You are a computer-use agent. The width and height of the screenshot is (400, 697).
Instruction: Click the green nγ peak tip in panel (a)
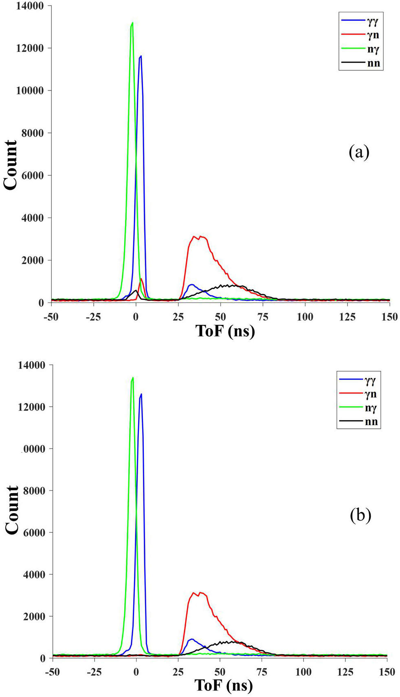[x=132, y=23]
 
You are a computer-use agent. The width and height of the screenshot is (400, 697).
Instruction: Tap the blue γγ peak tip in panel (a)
[x=141, y=56]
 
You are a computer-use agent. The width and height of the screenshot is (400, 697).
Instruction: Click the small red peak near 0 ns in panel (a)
[x=141, y=279]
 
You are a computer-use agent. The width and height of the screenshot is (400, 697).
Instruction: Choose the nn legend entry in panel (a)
[x=361, y=63]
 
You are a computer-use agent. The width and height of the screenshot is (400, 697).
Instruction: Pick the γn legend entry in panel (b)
[x=358, y=394]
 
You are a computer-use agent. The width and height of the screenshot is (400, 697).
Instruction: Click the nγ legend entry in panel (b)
[x=358, y=408]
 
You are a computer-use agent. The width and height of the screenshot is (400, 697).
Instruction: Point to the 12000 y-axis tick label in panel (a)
[x=30, y=48]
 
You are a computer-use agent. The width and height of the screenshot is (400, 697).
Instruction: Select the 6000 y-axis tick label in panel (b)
[x=32, y=533]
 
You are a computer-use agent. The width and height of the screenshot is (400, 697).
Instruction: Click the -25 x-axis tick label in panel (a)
[x=93, y=317]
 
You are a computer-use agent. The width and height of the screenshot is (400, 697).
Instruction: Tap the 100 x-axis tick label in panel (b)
[x=303, y=672]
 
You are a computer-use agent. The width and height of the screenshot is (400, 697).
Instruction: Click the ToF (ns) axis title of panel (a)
[x=225, y=331]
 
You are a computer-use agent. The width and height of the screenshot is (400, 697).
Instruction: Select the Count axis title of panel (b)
[x=12, y=510]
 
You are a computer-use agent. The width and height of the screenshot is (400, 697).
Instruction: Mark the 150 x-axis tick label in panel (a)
[x=389, y=317]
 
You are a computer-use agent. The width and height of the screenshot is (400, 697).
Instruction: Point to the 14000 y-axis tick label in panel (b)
[x=31, y=365]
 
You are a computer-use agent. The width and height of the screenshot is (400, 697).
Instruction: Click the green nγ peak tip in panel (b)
[x=133, y=378]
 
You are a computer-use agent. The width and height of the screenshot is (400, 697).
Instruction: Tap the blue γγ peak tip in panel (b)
[x=141, y=394]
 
